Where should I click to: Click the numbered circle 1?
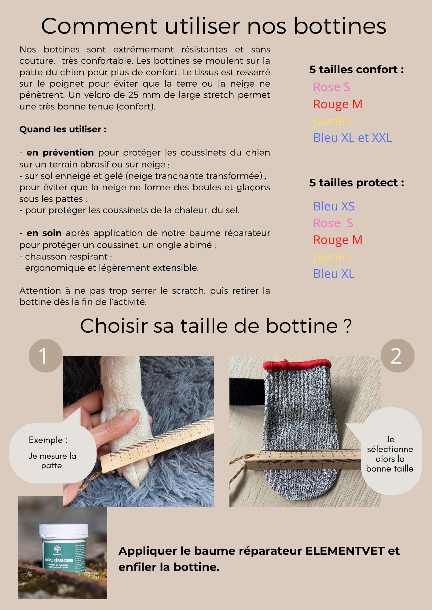click(x=46, y=356)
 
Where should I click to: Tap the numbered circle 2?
click(x=397, y=356)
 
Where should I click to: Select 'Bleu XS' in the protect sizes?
click(x=334, y=206)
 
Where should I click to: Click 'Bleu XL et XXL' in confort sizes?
click(x=353, y=138)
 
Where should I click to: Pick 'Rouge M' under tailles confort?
click(x=338, y=104)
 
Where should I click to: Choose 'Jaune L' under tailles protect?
click(x=333, y=257)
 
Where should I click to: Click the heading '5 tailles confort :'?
click(x=356, y=70)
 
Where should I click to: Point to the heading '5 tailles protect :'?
click(x=356, y=183)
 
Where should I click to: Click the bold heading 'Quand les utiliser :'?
click(x=63, y=129)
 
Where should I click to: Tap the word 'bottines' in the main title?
click(x=340, y=26)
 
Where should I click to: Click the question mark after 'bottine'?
click(x=347, y=326)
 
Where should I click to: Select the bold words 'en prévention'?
click(x=60, y=152)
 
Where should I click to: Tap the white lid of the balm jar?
click(x=64, y=530)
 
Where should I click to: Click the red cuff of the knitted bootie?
click(x=297, y=364)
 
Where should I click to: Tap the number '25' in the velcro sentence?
click(x=134, y=95)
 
